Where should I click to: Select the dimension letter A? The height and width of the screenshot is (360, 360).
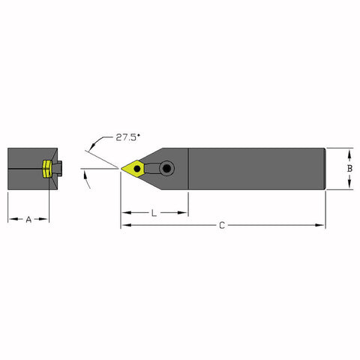(x=28, y=220)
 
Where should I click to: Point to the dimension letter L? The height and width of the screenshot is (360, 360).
(x=154, y=213)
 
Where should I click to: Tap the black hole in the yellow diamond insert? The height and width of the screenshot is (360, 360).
(x=137, y=169)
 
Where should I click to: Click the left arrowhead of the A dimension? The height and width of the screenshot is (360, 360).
(x=10, y=220)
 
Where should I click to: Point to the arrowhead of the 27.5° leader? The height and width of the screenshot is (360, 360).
(x=88, y=151)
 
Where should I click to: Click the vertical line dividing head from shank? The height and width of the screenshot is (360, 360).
(x=187, y=169)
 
